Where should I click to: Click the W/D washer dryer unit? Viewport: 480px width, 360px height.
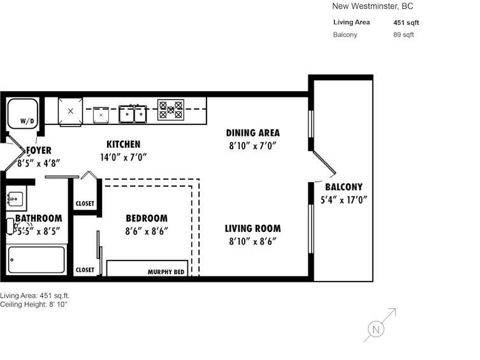[x=22, y=113]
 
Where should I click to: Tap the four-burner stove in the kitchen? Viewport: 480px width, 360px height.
[x=170, y=110]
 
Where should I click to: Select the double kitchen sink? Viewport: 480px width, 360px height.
[x=133, y=114]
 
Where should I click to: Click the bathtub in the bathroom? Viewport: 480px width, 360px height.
[x=36, y=260]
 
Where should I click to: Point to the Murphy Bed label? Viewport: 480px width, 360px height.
[x=166, y=272]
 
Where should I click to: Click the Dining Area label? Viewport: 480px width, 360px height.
[x=253, y=133]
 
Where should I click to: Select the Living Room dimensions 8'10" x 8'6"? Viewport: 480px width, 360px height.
[x=252, y=241]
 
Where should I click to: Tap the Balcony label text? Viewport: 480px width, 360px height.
[x=344, y=187]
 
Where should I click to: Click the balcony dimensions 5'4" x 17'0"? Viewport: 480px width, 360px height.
[x=344, y=199]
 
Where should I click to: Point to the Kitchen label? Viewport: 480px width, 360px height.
[x=124, y=145]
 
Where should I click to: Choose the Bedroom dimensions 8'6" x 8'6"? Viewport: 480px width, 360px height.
[x=147, y=231]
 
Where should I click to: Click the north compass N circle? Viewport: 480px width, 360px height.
[x=376, y=329]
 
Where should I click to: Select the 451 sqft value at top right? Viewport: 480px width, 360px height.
[x=406, y=23]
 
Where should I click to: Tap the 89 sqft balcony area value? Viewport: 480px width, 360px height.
[x=404, y=35]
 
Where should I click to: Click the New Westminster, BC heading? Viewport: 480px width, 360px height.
[x=372, y=6]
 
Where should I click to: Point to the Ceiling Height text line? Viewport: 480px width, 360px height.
[x=34, y=305]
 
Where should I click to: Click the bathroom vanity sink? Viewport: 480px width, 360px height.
[x=15, y=199]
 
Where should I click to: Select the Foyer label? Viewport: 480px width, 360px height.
[x=39, y=150]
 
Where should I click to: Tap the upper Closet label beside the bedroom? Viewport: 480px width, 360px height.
[x=85, y=204]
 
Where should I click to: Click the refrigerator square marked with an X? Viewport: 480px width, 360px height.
[x=70, y=111]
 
